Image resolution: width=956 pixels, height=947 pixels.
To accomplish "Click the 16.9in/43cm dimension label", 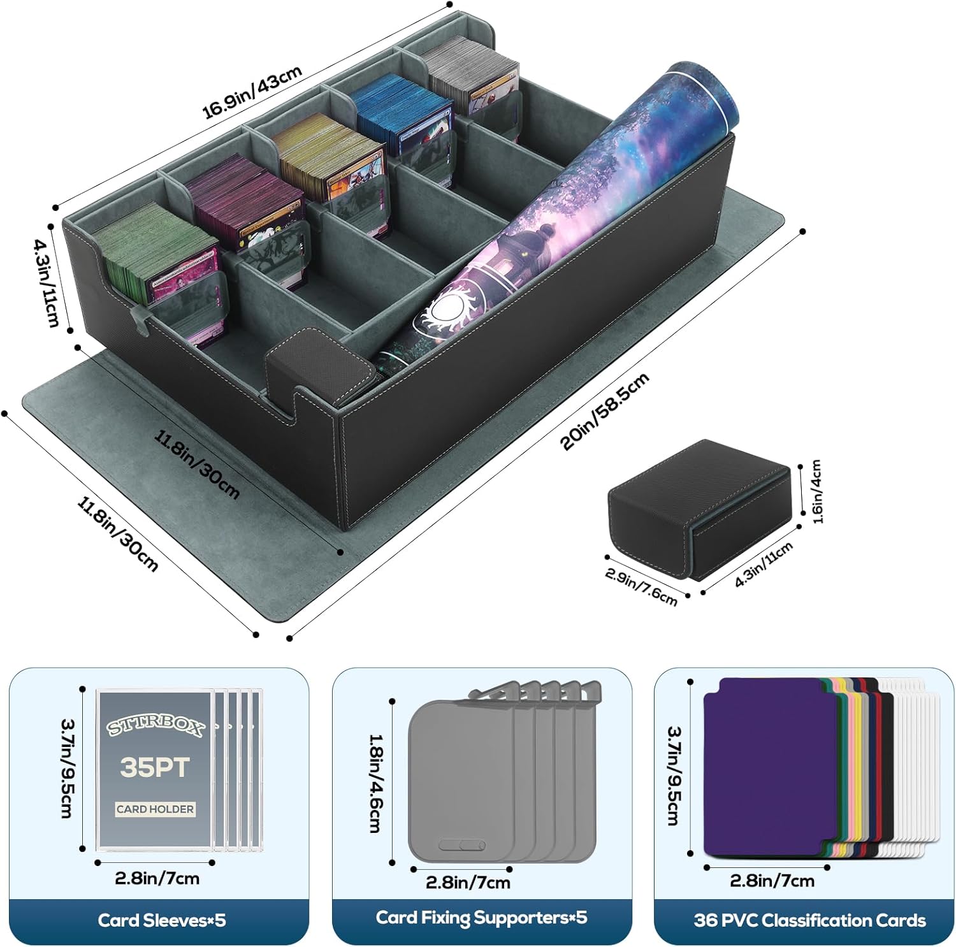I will point(252,93).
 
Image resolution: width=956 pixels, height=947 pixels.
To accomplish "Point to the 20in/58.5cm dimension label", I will point(605,411).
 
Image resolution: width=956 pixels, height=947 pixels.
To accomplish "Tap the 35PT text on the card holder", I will point(155,767).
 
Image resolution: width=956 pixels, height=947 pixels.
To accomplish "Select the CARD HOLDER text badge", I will point(155,809).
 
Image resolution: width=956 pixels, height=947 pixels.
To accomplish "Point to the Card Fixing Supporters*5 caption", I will point(481,918).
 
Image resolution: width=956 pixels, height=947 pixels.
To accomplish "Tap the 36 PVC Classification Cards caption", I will point(809,920).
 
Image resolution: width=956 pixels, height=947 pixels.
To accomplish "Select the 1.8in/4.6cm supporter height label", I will point(376,783).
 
